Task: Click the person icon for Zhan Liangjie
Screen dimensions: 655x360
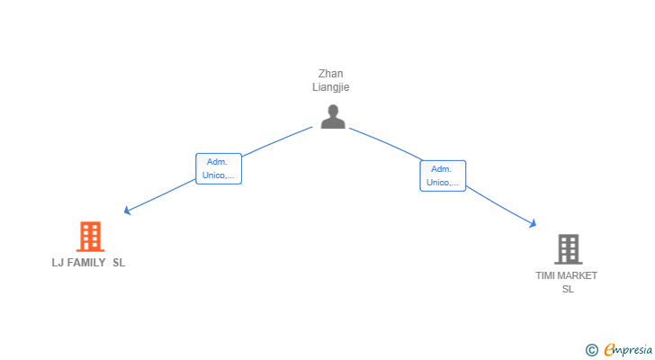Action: coord(333,116)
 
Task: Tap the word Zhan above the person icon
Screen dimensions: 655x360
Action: coord(330,74)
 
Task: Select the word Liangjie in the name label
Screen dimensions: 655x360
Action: coord(330,87)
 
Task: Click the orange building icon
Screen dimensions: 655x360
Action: coord(90,237)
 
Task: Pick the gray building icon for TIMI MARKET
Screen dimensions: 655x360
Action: coord(568,249)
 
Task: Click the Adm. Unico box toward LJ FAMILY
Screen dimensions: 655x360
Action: coord(219,168)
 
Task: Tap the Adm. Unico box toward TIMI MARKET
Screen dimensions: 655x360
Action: coord(443,175)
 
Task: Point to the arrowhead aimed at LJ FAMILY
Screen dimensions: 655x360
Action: coord(127,211)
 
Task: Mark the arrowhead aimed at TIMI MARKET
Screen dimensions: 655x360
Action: coord(533,224)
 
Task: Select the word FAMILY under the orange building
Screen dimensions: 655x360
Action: coord(86,263)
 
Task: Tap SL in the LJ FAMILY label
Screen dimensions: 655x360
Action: coord(119,263)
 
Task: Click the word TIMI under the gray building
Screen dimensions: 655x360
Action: coord(544,275)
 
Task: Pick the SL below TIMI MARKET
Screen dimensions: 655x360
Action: coord(568,289)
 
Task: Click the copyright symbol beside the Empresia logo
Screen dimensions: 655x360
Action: coord(591,350)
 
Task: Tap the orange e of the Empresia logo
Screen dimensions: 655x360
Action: coord(609,349)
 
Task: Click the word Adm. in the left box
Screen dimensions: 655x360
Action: coord(217,162)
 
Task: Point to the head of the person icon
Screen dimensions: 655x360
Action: coord(333,111)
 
